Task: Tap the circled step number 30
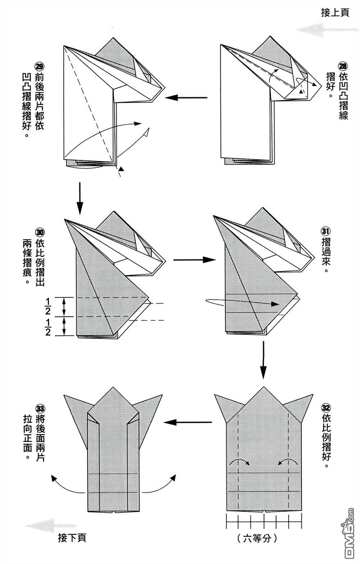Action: (40, 231)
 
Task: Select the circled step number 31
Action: (325, 231)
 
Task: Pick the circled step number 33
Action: (40, 409)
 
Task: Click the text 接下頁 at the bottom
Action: (72, 538)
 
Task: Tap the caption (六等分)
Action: (257, 538)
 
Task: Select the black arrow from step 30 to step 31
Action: (194, 260)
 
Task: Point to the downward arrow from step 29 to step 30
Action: (80, 198)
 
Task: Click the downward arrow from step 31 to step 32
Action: (264, 360)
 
